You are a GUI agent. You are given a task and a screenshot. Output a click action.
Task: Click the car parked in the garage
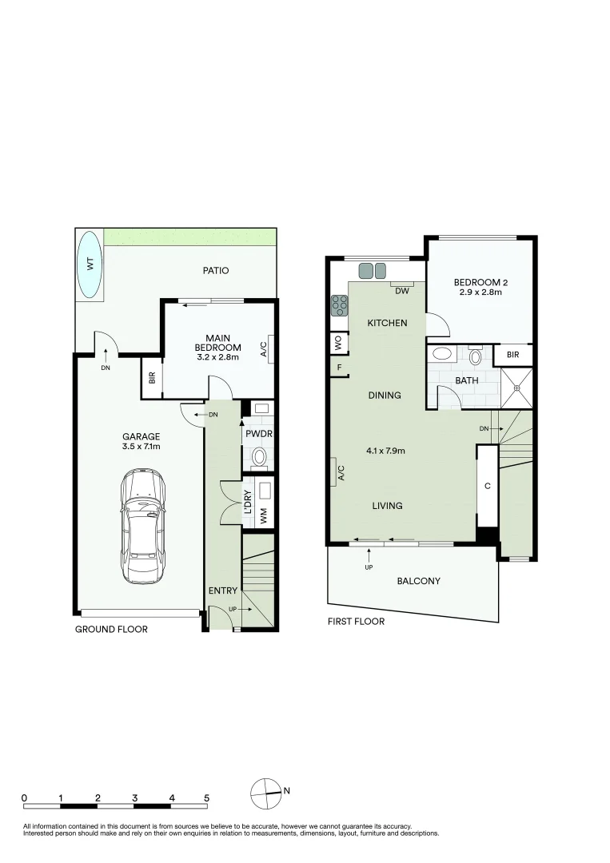143,525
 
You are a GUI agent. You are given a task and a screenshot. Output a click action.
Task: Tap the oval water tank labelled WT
90,264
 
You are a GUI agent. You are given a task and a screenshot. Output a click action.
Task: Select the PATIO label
216,271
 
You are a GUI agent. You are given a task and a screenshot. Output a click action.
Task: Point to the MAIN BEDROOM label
218,342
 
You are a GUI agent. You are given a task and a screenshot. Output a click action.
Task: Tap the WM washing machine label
265,516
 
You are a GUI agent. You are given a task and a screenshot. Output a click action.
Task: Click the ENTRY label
223,591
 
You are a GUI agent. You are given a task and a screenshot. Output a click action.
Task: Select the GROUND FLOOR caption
111,630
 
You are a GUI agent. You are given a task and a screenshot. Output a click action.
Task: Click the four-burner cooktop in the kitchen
339,304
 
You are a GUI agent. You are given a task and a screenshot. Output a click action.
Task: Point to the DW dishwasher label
402,291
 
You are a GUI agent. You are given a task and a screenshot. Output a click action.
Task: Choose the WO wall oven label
337,343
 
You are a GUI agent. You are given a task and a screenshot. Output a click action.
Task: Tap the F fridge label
339,368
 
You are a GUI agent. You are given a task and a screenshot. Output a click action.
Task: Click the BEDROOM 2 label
480,282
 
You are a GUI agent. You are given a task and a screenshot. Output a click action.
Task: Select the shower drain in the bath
517,388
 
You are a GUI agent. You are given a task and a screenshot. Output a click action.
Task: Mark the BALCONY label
419,581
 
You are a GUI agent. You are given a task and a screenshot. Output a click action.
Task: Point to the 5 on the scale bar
206,797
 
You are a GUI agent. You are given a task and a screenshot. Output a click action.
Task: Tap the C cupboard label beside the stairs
487,485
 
